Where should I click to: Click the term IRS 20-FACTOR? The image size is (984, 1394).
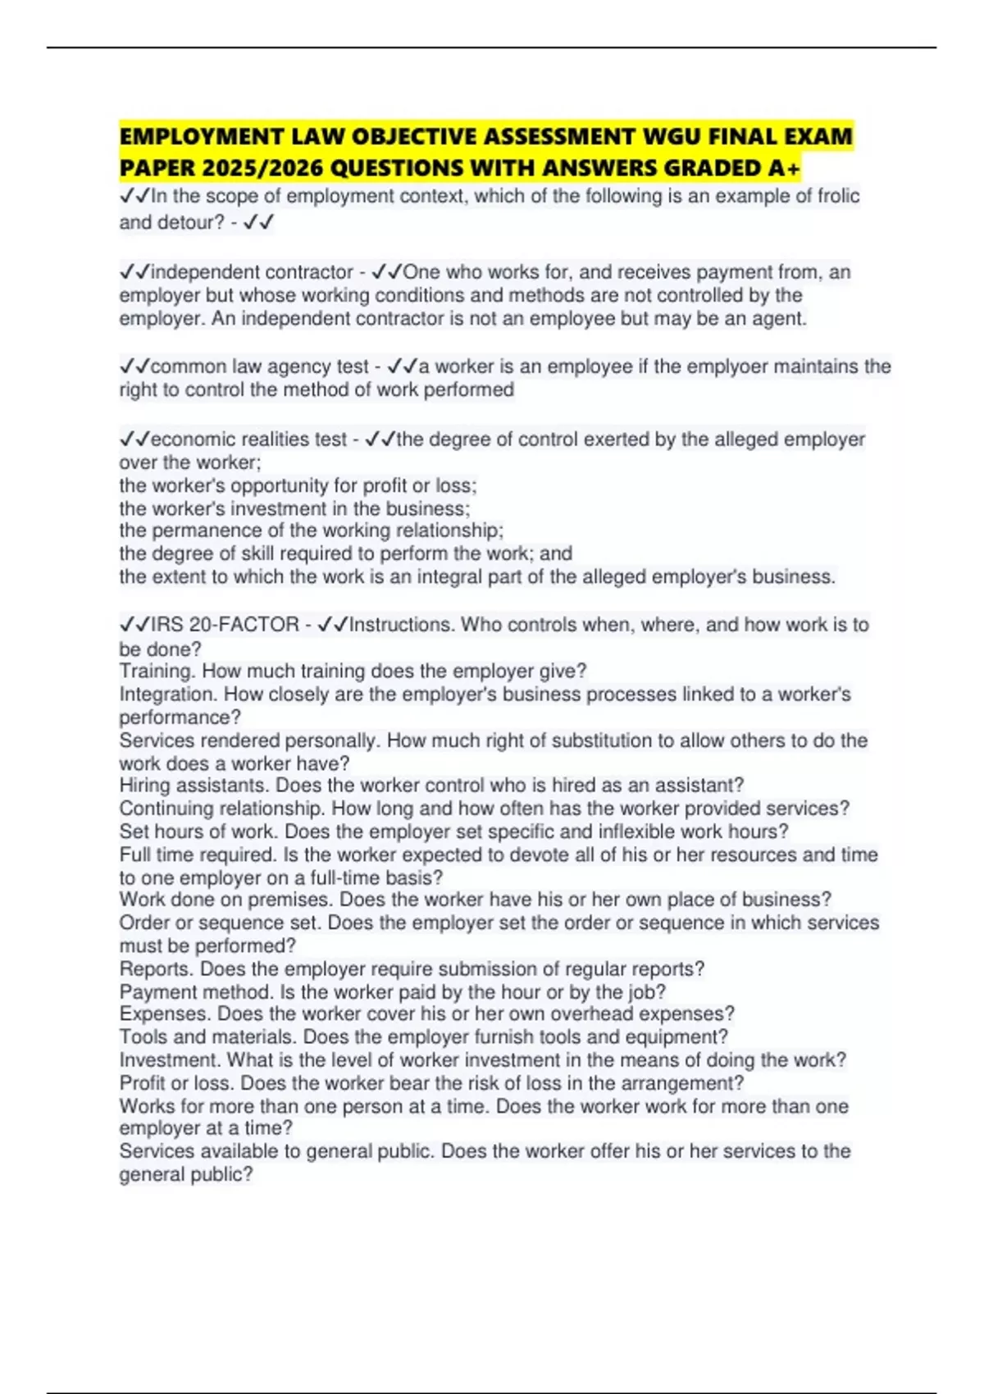coord(224,625)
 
